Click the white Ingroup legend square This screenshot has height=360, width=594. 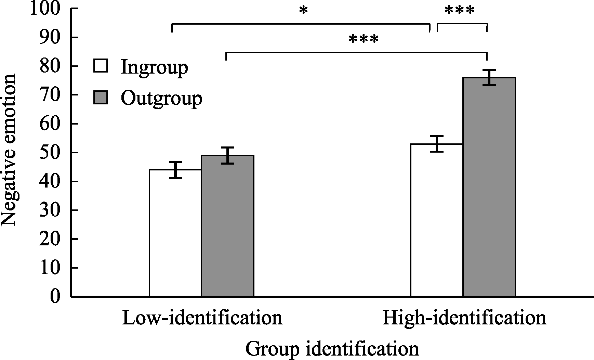pos(101,66)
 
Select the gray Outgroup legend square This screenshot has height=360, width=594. pos(101,97)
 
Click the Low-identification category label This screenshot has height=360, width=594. pos(202,318)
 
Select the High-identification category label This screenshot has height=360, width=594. pos(464,318)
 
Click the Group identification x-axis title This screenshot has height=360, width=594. pos(332,349)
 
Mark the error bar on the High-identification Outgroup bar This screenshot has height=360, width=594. pos(489,78)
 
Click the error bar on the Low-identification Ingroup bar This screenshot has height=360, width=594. pos(175,169)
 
